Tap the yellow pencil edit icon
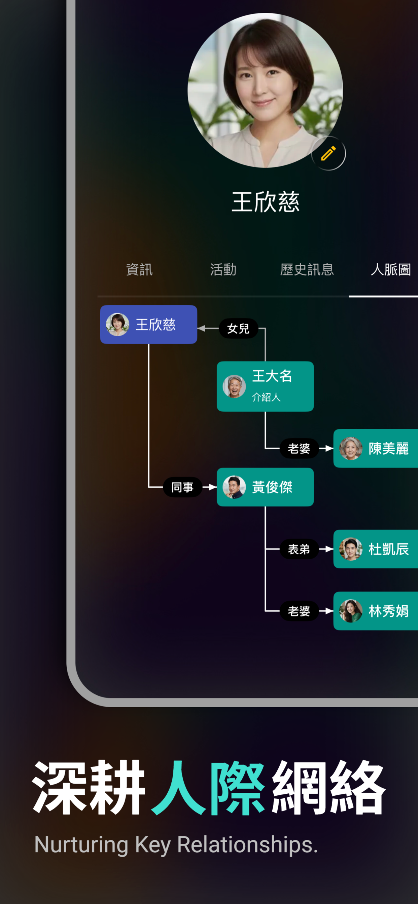[x=328, y=153]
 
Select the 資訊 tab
[x=139, y=269]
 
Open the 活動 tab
[x=223, y=269]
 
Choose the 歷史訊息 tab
[x=307, y=269]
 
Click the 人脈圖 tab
[x=391, y=269]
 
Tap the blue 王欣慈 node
[x=148, y=324]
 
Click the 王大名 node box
[x=265, y=386]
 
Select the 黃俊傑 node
[x=265, y=487]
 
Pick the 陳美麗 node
[x=376, y=448]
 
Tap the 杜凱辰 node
[x=376, y=549]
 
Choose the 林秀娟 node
[x=376, y=611]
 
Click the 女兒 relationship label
[x=239, y=328]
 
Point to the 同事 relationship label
[x=183, y=487]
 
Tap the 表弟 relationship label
[x=299, y=549]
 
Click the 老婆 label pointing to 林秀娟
[x=299, y=611]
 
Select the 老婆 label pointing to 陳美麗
[x=299, y=448]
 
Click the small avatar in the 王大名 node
[x=234, y=386]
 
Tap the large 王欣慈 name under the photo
[x=266, y=202]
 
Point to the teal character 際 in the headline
[x=238, y=788]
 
